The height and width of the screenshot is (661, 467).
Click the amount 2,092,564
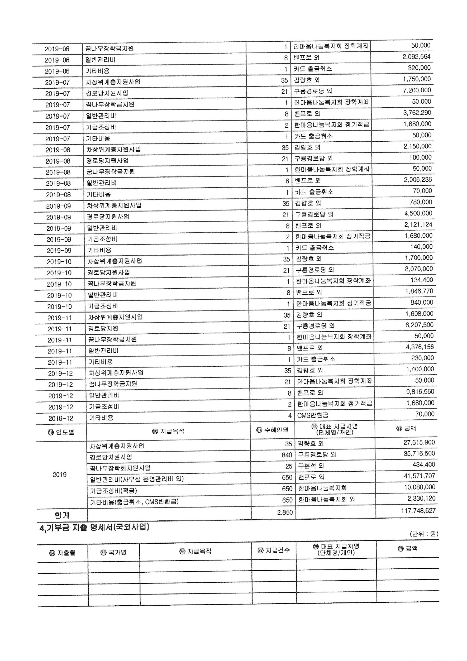coord(416,57)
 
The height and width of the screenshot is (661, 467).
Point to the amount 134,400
coord(422,280)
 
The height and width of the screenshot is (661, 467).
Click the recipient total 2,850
coord(285,512)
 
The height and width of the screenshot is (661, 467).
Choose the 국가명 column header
coord(114,552)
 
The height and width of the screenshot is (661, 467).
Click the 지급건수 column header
coord(274,550)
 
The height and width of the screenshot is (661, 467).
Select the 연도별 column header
coord(61,432)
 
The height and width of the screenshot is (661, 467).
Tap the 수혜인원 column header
coord(272,430)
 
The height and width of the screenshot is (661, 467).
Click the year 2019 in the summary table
coord(60,475)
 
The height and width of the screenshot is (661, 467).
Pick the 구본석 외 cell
coord(311,466)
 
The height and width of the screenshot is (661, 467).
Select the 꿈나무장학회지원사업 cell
coord(120,468)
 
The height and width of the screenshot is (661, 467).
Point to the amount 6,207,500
coord(420,325)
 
